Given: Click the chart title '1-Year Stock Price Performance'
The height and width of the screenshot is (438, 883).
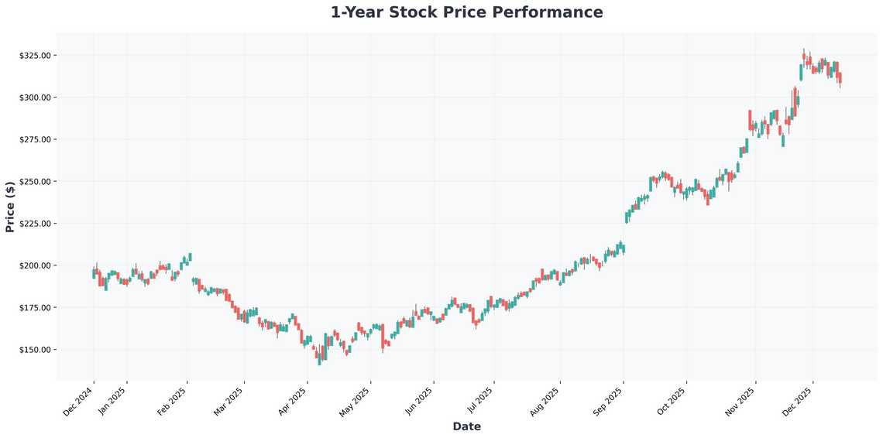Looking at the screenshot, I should [466, 12].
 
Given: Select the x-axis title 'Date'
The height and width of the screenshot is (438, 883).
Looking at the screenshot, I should [466, 426].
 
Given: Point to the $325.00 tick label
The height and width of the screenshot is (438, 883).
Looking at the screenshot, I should [36, 56].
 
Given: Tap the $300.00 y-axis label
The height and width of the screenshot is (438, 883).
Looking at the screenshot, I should [36, 98].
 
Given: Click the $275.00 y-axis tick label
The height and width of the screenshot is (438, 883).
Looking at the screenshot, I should [36, 139].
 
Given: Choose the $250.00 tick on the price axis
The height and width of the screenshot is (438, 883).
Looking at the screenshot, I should [36, 181].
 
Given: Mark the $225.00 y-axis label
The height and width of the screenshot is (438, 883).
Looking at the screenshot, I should [36, 224].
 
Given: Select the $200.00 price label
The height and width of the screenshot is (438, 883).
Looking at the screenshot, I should [36, 265].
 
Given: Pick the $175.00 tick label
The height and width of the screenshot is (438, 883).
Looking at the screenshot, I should [36, 308].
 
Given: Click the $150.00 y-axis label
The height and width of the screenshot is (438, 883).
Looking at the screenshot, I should [36, 350].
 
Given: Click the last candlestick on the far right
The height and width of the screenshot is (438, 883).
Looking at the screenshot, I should [840, 78].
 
